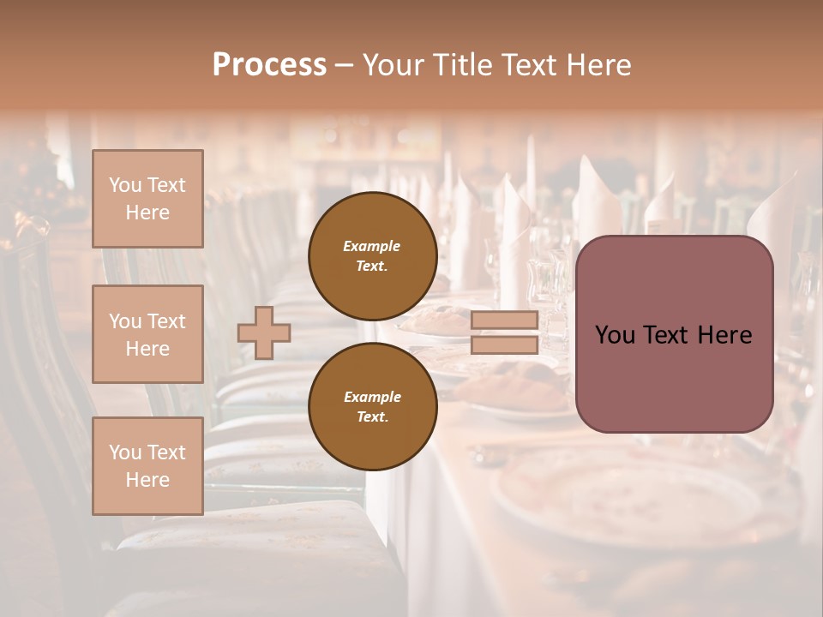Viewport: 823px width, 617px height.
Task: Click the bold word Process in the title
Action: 269,65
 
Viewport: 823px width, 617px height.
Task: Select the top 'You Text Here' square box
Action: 147,199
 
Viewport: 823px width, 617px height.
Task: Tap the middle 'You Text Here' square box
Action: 147,334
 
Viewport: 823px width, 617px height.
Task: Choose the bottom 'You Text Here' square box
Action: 147,466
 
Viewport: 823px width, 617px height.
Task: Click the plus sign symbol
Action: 264,332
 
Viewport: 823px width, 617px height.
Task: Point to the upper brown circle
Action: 373,255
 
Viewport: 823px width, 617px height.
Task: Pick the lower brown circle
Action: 373,406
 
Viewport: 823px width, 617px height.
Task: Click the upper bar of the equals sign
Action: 504,320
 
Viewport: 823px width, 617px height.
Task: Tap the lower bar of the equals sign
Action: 504,344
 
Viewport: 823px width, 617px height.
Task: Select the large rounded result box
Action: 674,334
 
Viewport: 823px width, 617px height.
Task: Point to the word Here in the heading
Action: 598,65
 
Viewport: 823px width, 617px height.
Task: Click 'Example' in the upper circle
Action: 372,246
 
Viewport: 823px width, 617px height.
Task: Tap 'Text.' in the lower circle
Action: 372,416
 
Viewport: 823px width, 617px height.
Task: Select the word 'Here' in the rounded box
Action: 724,335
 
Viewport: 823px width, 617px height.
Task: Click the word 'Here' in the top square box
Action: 147,213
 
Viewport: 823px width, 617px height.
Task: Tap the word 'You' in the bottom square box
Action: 125,452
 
